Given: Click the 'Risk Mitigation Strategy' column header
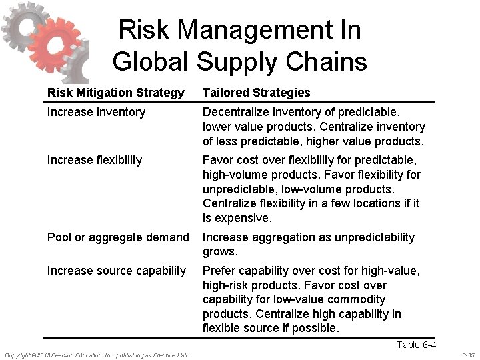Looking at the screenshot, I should coord(115,93).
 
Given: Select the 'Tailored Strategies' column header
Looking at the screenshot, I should coord(256,93).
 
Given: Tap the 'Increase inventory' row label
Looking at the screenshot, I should coord(96,112).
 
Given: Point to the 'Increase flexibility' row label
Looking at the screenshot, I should coord(94,160).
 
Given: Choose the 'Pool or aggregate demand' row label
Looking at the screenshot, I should coord(118,237).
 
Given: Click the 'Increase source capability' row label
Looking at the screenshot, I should coord(117,271).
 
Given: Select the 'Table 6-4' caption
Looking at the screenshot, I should coord(416,345).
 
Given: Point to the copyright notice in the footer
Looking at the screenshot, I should coord(97,355).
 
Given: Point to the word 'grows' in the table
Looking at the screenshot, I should coord(219,252).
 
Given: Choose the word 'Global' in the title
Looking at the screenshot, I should coord(151,62).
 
